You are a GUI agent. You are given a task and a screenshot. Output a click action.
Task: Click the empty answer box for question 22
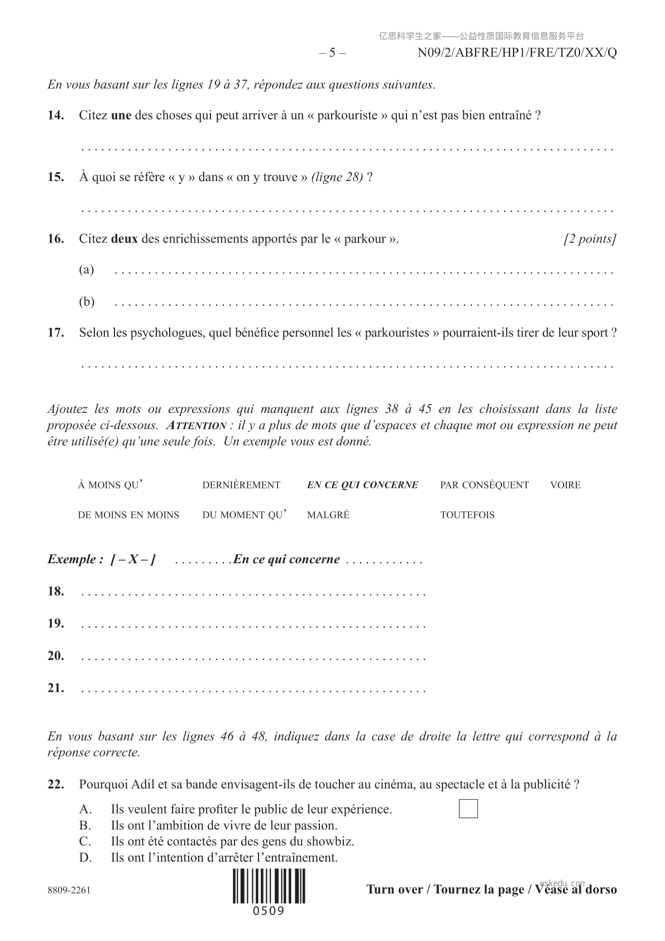click(468, 809)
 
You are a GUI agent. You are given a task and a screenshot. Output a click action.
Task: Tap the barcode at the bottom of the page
click(269, 887)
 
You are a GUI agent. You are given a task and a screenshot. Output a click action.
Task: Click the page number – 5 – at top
click(332, 53)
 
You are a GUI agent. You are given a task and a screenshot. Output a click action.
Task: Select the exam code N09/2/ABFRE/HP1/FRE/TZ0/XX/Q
click(517, 53)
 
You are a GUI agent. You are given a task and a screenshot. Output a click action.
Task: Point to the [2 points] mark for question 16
click(590, 239)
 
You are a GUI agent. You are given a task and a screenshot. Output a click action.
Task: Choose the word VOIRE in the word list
click(565, 485)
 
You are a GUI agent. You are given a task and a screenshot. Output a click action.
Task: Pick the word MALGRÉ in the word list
click(328, 515)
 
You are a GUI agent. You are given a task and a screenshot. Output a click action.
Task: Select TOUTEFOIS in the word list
click(467, 515)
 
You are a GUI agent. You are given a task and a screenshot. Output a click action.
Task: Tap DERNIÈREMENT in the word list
click(241, 485)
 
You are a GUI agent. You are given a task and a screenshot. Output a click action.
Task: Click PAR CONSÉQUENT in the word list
click(484, 485)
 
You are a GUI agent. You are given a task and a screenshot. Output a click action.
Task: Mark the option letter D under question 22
click(85, 857)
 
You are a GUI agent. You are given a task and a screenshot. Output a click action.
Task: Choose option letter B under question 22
click(85, 825)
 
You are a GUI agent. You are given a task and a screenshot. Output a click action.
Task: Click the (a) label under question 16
click(87, 270)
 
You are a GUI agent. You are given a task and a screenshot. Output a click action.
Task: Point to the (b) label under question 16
click(87, 302)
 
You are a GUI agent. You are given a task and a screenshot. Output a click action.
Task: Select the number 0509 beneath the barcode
click(269, 911)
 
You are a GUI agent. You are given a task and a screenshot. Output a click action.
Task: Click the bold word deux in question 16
click(124, 239)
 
